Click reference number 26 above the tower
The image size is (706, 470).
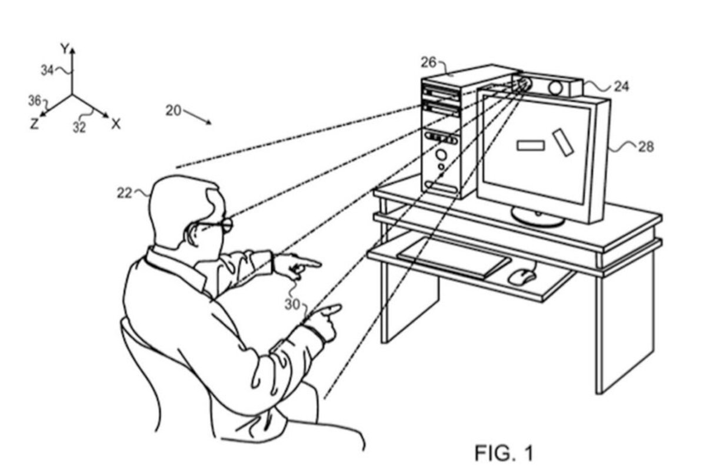429,63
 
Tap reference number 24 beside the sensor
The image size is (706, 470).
621,86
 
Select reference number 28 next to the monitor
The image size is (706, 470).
647,147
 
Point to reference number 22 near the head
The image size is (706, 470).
125,193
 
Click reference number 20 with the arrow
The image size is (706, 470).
174,111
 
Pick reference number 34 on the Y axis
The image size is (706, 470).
48,70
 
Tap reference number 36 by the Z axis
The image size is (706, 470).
35,101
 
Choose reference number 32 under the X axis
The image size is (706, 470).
79,127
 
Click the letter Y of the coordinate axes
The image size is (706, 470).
65,49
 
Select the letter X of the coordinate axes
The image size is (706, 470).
116,125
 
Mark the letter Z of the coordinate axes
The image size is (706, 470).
34,124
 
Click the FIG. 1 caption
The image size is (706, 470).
504,453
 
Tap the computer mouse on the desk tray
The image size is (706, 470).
521,277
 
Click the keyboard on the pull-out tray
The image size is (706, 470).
454,257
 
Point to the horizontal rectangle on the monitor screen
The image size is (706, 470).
531,146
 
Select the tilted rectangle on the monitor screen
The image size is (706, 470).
563,142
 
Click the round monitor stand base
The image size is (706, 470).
538,217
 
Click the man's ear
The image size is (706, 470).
191,234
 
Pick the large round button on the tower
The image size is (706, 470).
441,155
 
